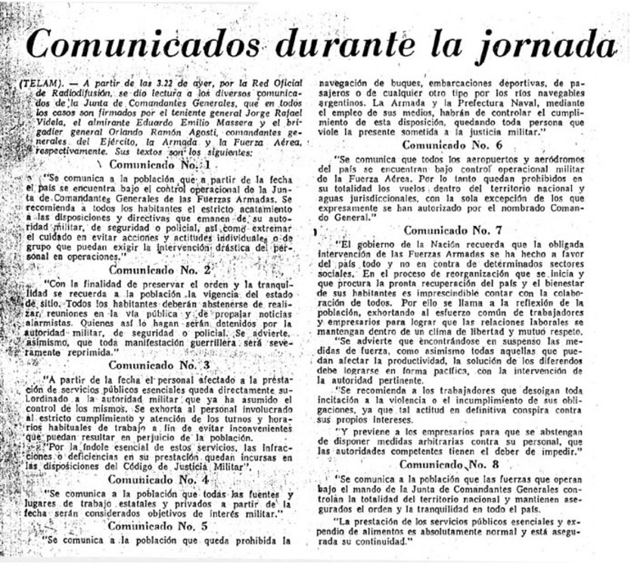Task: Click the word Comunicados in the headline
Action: [145, 45]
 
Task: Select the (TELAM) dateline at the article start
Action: [39, 84]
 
